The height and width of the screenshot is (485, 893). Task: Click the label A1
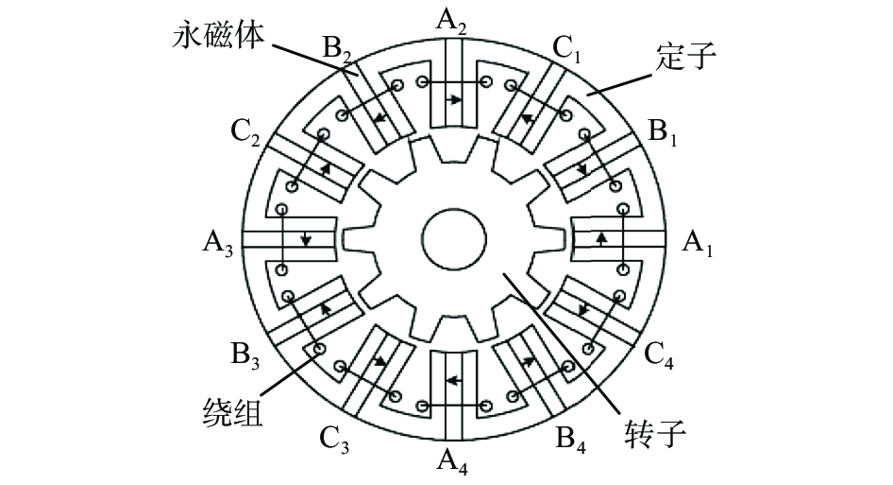click(x=699, y=244)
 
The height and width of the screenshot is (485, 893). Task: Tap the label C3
click(x=335, y=438)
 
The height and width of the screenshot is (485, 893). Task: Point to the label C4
click(x=661, y=356)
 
